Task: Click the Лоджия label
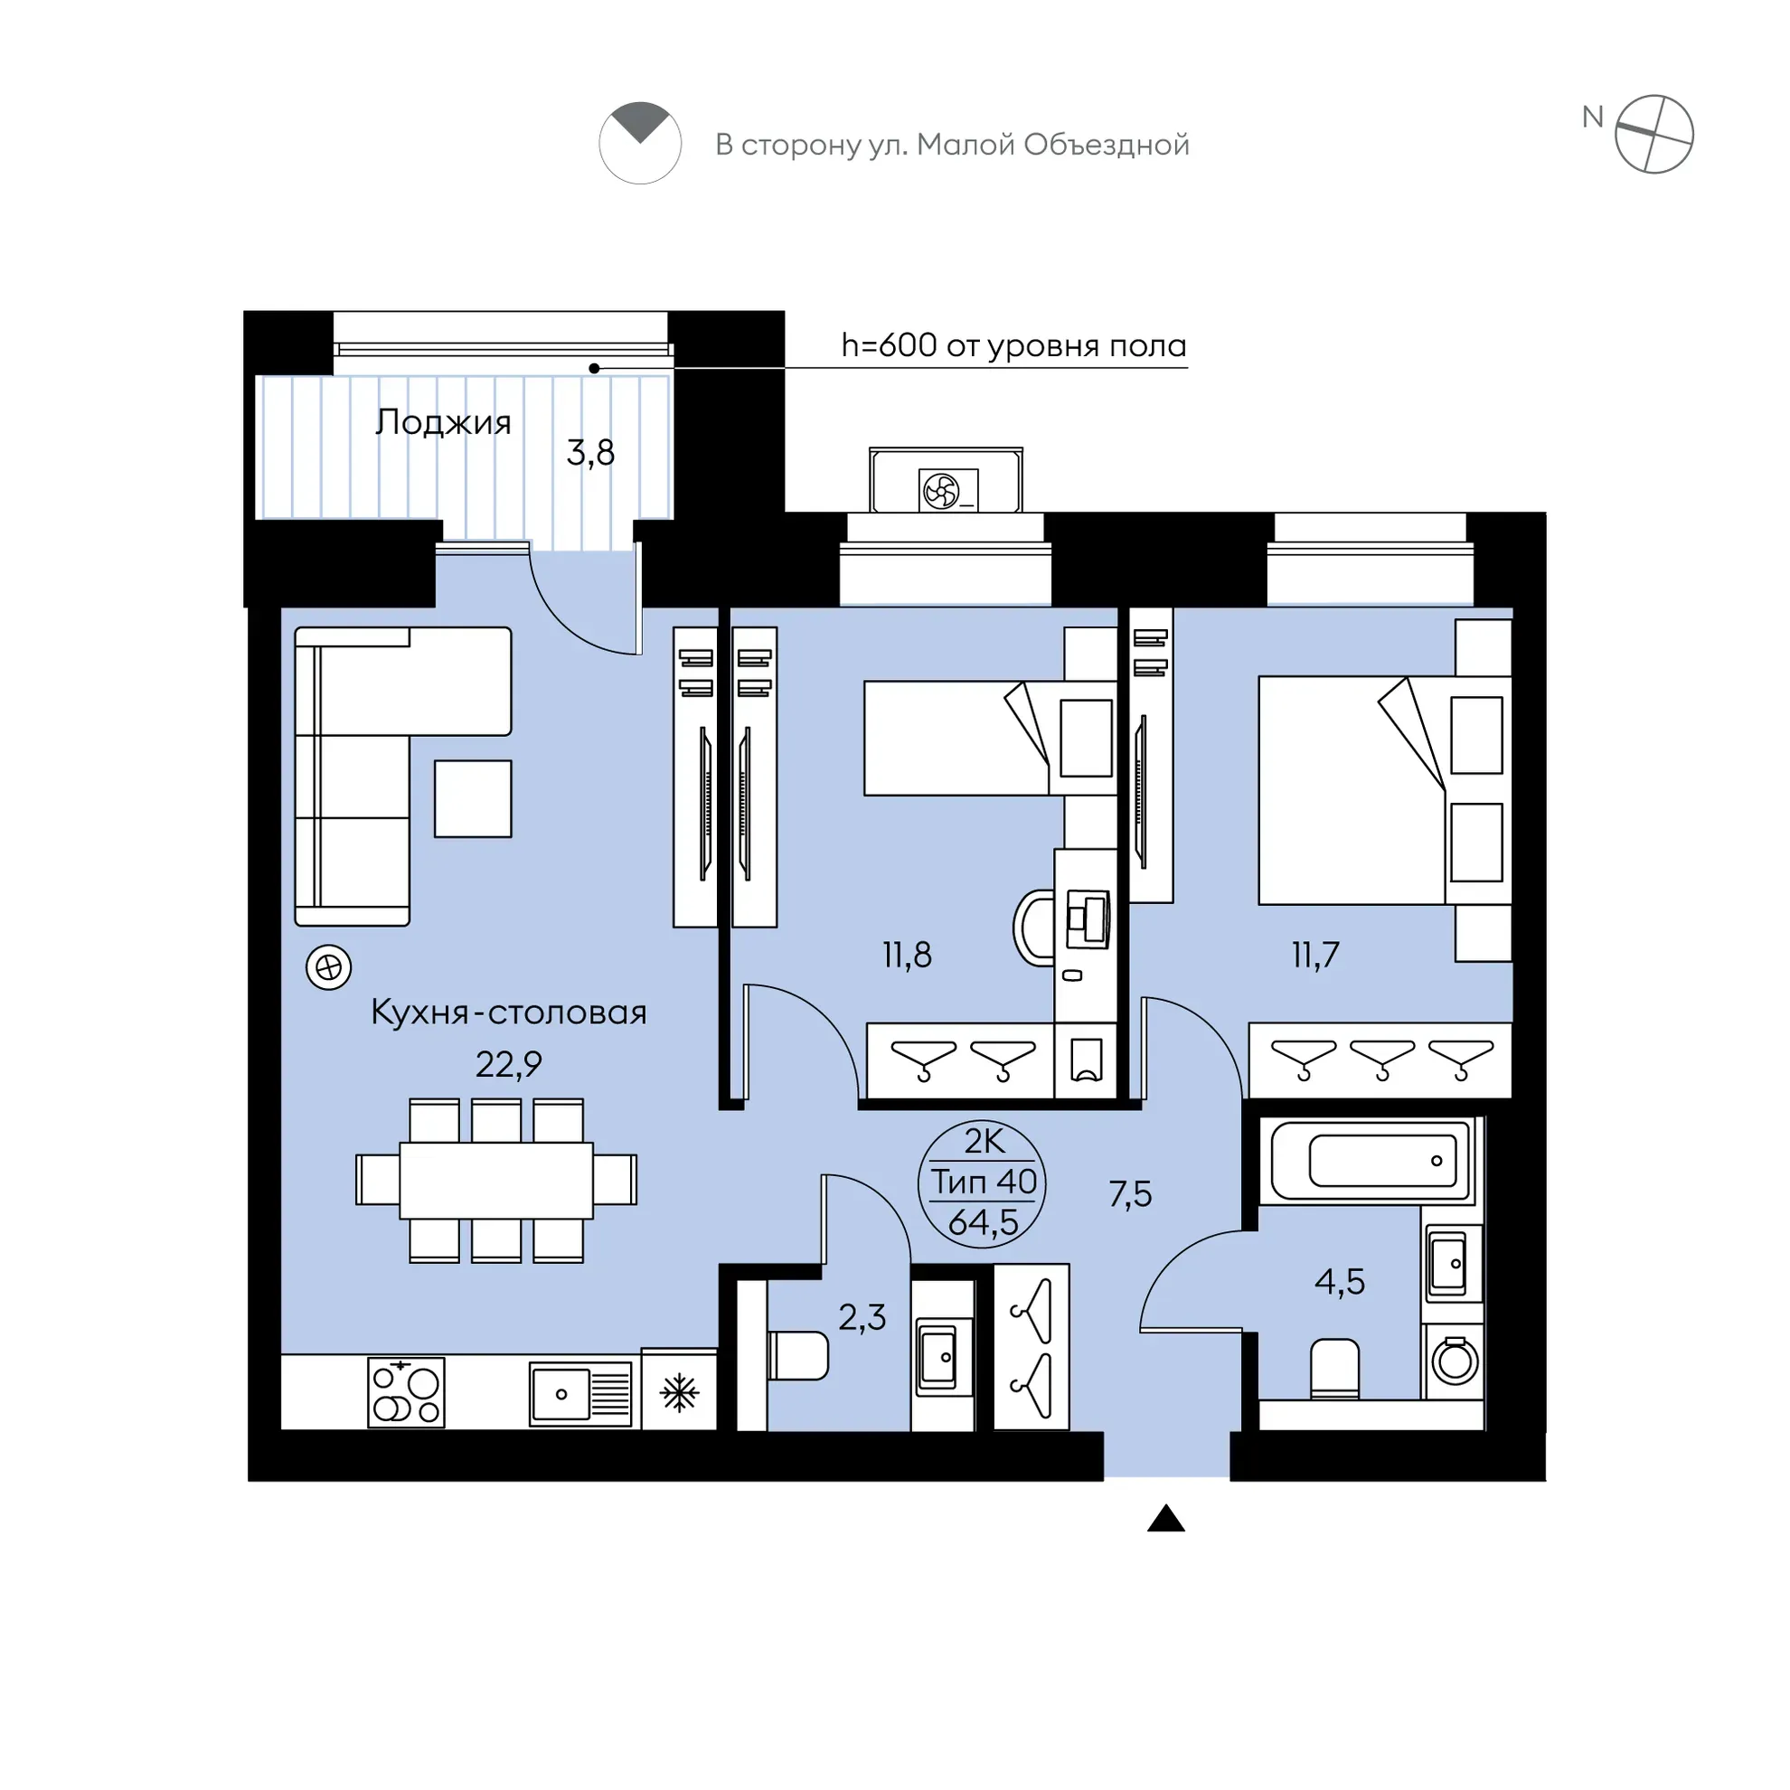tap(443, 423)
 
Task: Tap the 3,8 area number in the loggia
tap(590, 453)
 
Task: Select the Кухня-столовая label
tap(509, 1012)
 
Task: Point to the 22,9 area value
tap(509, 1065)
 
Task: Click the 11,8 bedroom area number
tap(907, 955)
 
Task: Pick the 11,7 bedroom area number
tap(1315, 955)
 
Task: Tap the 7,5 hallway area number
tap(1130, 1194)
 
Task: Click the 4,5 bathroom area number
tap(1340, 1282)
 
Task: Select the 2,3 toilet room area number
tap(862, 1317)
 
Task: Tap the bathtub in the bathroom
tap(1372, 1160)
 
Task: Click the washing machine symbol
tap(1455, 1360)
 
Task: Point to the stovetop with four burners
tap(406, 1391)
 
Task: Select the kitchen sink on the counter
tap(581, 1393)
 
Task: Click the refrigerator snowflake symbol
tap(679, 1392)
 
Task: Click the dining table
tap(496, 1181)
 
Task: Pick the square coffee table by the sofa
tap(474, 798)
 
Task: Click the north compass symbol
tap(1653, 136)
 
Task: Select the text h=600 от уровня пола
tap(1013, 345)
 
